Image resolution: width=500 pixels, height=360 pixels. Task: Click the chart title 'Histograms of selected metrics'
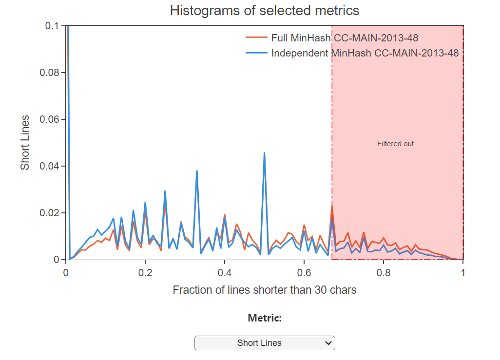click(265, 10)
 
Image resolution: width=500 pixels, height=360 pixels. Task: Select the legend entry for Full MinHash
click(345, 38)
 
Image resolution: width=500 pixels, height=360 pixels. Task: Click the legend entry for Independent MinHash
click(365, 53)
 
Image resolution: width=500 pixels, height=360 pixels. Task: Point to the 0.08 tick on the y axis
click(49, 73)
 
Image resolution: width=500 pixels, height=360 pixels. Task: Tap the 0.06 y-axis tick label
click(49, 119)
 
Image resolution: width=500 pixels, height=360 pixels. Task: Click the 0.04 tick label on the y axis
click(49, 166)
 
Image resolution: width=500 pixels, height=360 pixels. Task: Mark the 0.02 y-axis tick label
click(49, 213)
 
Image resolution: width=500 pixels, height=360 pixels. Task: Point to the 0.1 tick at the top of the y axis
click(52, 26)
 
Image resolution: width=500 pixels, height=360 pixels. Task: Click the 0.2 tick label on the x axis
click(145, 272)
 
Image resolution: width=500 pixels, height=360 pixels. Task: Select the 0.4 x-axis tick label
click(225, 272)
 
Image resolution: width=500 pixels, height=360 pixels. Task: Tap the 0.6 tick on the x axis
click(304, 272)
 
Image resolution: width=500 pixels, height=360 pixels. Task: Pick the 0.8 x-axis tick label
click(384, 272)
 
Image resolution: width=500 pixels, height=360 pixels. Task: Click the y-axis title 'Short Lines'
click(25, 143)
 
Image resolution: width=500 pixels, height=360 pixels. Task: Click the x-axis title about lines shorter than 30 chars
click(265, 290)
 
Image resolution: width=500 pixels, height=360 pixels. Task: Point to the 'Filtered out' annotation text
click(395, 144)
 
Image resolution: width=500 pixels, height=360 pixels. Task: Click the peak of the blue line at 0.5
click(264, 153)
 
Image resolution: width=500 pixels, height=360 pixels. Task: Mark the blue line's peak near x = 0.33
click(196, 171)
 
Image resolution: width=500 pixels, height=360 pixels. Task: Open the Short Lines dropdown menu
click(265, 343)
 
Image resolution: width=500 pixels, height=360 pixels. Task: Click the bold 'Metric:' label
click(265, 319)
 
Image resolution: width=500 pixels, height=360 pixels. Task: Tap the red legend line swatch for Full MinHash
click(256, 38)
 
